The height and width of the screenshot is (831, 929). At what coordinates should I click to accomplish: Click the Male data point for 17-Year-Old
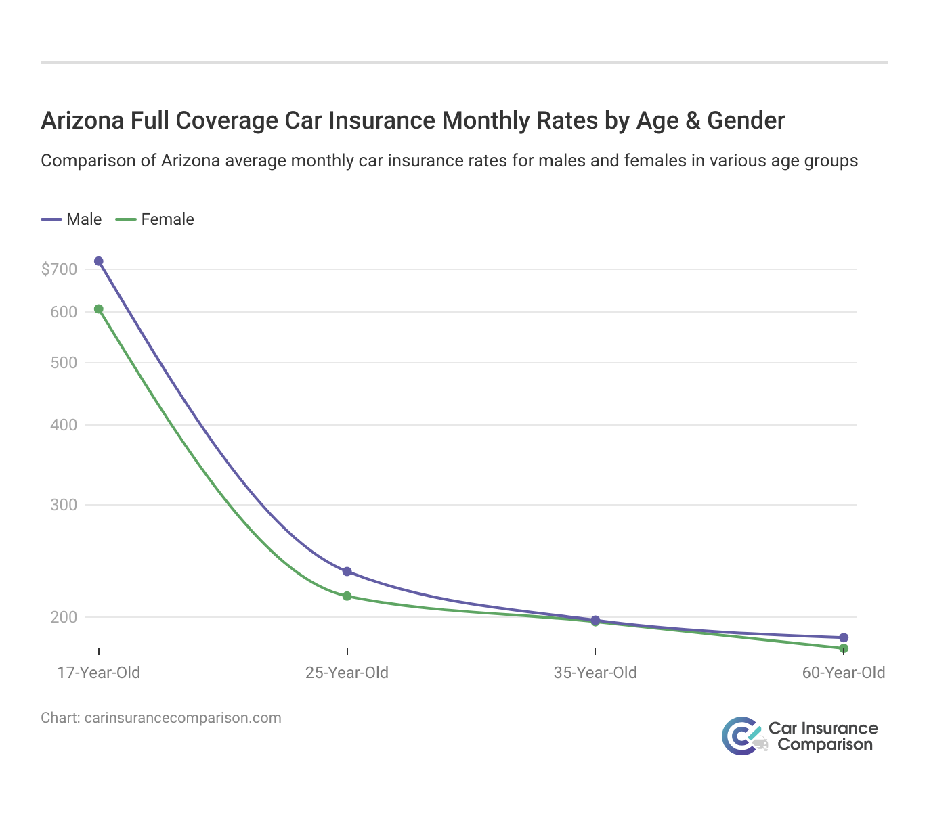tap(99, 261)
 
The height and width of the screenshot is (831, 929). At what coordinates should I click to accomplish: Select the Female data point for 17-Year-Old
tap(99, 309)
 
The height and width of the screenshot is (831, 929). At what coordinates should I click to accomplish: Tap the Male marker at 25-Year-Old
tap(347, 572)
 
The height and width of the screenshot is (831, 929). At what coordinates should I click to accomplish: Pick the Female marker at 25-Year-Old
tap(347, 596)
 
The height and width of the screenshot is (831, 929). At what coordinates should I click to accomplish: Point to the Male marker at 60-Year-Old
tap(844, 637)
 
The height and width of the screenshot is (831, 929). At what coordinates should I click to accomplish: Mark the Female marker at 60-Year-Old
tap(844, 648)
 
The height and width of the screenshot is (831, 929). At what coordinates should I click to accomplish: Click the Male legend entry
tap(72, 219)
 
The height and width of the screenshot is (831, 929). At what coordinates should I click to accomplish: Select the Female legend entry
tap(155, 219)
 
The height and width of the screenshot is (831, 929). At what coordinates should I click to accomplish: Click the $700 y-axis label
tap(59, 269)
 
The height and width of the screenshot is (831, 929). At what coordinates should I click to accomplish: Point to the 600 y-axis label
tap(64, 312)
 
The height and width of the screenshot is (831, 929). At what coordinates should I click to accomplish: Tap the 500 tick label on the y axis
tap(64, 363)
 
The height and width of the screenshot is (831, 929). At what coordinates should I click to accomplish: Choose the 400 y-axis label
tap(64, 426)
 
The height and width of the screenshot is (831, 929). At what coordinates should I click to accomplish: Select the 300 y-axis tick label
tap(64, 505)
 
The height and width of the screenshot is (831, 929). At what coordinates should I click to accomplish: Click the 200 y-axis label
tap(64, 617)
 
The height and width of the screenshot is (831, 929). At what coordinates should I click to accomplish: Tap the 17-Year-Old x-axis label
tap(99, 673)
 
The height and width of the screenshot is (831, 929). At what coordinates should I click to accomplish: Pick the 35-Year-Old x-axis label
tap(595, 673)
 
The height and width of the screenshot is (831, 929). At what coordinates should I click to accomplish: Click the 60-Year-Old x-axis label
tap(844, 673)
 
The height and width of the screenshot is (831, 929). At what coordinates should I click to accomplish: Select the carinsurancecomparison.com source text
tap(183, 717)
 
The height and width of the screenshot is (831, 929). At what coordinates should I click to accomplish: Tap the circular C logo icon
tap(739, 736)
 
